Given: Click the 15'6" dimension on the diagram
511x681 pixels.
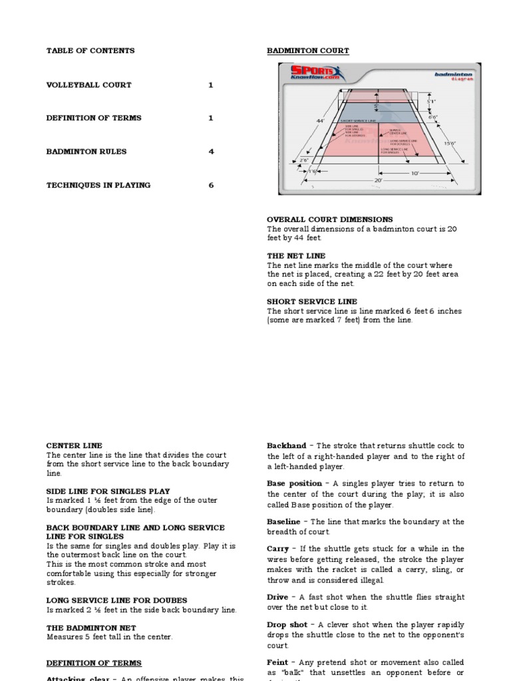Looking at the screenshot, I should (450, 143).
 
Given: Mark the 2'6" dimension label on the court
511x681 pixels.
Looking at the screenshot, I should (304, 160).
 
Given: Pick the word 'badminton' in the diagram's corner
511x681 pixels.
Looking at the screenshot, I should (453, 74).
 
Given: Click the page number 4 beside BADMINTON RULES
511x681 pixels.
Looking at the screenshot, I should (211, 152).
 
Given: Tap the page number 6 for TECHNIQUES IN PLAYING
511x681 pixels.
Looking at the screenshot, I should (211, 186).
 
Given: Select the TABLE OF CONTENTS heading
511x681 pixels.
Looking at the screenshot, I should (90, 51).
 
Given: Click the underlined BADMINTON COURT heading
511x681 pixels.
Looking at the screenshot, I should (307, 51).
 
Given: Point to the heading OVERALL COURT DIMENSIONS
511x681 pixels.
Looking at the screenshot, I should (329, 219).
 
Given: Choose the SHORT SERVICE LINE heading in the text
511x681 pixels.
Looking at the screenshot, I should (311, 301).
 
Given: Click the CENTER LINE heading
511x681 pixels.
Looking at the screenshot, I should (74, 446).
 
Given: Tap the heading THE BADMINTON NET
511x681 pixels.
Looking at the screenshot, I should (90, 627).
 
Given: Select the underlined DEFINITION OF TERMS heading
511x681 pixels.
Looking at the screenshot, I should (93, 663).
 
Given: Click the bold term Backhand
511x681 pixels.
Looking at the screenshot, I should (287, 446).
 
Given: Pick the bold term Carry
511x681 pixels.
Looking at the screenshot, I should (277, 549).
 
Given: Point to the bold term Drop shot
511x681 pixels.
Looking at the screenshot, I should (287, 625).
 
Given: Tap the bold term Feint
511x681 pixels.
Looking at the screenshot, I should (277, 662).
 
